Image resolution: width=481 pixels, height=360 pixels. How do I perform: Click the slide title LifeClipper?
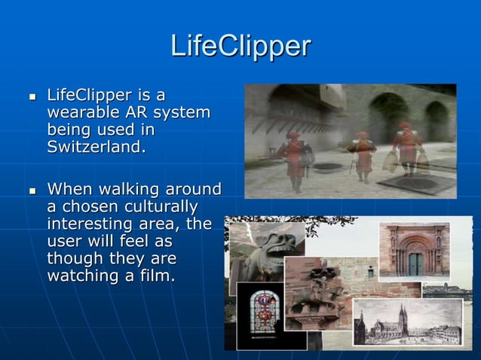click(x=240, y=46)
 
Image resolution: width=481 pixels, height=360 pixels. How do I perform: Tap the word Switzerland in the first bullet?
click(x=94, y=147)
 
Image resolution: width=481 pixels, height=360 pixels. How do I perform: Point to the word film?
click(x=155, y=276)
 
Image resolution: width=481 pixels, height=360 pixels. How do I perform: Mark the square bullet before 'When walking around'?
click(x=32, y=190)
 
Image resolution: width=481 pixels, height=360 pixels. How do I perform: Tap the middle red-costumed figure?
click(x=363, y=154)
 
